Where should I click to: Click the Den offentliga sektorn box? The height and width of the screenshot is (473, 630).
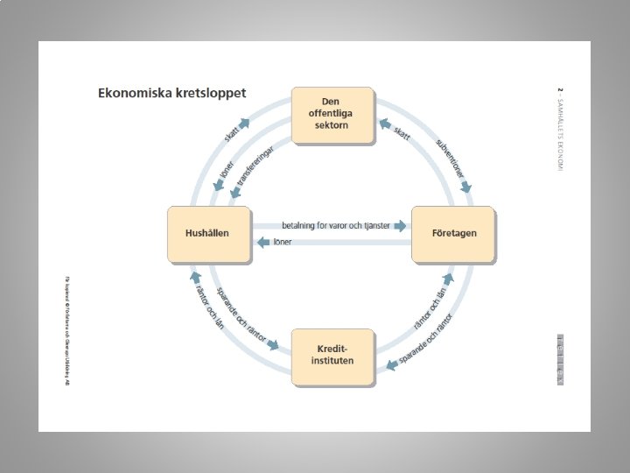pos(332,114)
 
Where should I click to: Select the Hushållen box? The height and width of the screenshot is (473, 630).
pos(207,234)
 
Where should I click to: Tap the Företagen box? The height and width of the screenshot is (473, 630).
pos(453,234)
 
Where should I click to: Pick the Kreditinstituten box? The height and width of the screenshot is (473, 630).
pos(332,357)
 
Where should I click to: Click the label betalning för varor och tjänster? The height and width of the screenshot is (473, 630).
pos(335,226)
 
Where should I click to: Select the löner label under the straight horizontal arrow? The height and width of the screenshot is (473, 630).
pos(283,242)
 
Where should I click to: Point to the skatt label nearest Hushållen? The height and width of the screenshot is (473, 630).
pos(231,134)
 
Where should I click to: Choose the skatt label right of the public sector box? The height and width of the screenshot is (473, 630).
pos(402,133)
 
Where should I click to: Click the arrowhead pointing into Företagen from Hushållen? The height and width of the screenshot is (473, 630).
pos(401,226)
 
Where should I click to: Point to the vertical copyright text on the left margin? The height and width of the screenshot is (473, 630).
pos(66,330)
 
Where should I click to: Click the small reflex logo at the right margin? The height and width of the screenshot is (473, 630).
pos(560,358)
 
